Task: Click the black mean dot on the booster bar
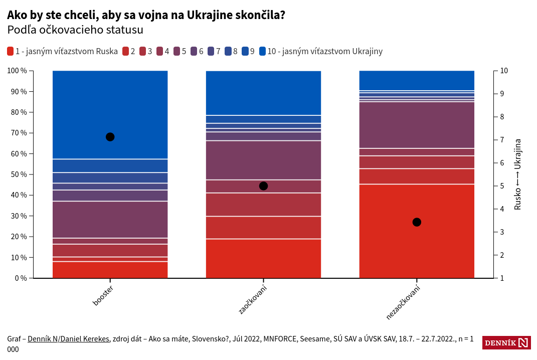click(110, 137)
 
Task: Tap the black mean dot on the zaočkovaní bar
click(264, 186)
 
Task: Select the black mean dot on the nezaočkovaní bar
click(417, 222)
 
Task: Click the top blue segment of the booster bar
click(110, 115)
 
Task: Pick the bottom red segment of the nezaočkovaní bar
click(417, 231)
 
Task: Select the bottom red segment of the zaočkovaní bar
click(264, 258)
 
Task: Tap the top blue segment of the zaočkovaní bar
click(264, 93)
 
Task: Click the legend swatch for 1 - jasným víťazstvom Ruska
click(11, 51)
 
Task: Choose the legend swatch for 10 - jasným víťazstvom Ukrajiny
click(263, 51)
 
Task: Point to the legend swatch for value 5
click(177, 51)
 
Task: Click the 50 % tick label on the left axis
click(17, 174)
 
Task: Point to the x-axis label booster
click(103, 296)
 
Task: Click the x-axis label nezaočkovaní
click(403, 302)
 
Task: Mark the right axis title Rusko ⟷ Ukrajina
click(518, 174)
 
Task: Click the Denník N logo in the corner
click(506, 343)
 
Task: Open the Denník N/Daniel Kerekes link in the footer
click(68, 339)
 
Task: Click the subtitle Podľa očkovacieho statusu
click(75, 30)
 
